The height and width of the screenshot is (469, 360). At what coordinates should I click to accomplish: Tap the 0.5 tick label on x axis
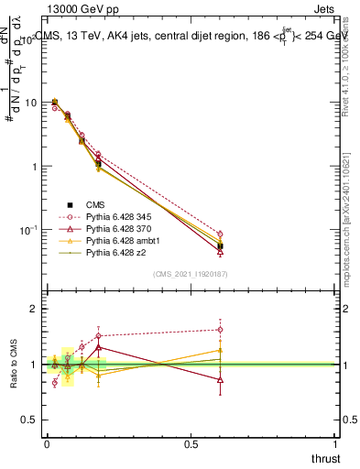[x=191, y=444]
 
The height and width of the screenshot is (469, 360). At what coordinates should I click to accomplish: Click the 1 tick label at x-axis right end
[x=335, y=444]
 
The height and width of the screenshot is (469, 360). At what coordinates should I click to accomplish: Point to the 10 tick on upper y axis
[x=33, y=103]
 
